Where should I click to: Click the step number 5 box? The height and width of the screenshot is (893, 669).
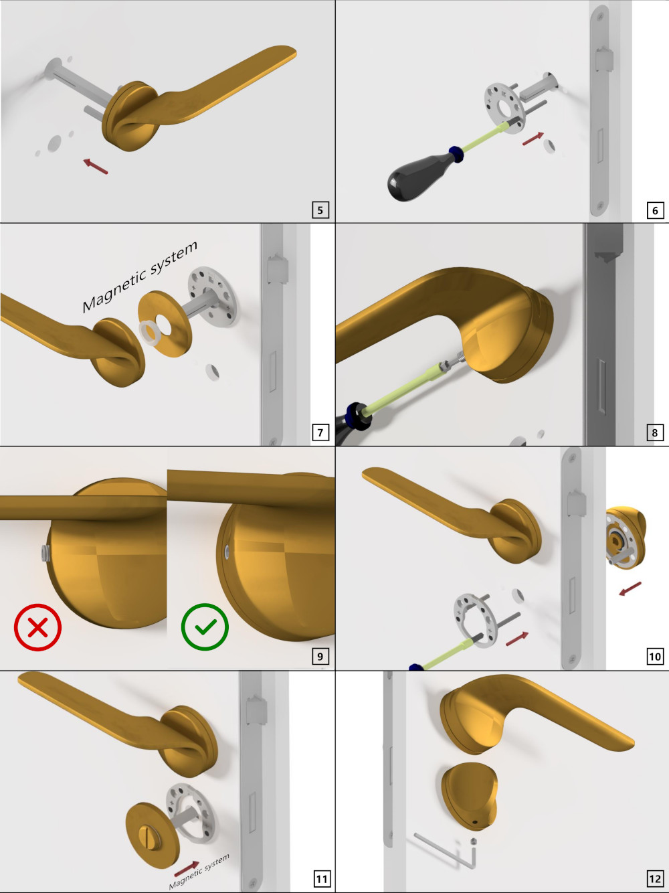(320, 210)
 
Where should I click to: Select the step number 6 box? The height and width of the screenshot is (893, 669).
(655, 210)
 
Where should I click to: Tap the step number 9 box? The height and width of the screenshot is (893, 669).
(320, 656)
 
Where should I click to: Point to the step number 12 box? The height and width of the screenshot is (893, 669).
(655, 879)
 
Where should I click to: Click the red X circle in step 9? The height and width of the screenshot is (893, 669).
(38, 627)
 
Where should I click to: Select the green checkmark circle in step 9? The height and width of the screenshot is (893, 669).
(205, 627)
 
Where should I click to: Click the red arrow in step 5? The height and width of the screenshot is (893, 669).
(96, 167)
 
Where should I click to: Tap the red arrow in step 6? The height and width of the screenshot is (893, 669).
(533, 139)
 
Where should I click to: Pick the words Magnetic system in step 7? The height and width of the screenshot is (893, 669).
(140, 276)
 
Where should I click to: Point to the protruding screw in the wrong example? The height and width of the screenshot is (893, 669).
(45, 553)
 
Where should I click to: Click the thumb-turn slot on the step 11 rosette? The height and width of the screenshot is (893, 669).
(145, 834)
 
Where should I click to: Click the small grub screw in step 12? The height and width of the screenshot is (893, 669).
(473, 841)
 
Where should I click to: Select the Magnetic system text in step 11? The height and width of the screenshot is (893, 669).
(199, 871)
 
